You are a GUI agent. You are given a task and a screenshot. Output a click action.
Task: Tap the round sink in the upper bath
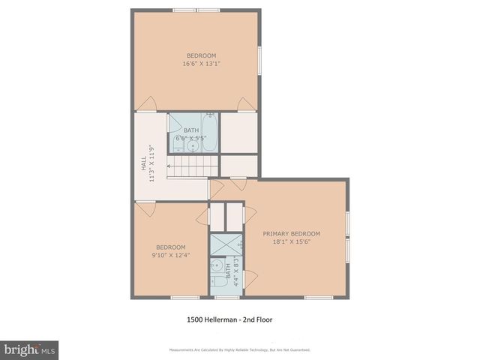tap(193, 145)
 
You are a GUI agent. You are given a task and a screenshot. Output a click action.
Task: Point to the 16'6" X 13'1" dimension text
tap(201, 64)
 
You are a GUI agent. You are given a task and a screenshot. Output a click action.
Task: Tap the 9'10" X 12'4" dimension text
tap(170, 256)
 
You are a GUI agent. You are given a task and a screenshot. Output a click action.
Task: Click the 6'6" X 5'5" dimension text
tap(191, 138)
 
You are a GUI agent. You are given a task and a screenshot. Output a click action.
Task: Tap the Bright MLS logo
tap(29, 349)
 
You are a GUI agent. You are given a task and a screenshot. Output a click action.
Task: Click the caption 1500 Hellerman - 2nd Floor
tap(229, 319)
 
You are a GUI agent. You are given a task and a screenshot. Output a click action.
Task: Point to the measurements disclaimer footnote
tap(240, 349)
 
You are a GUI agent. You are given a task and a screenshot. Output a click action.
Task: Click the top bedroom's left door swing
tap(150, 104)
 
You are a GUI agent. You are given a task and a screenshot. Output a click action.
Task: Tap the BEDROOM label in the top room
tap(201, 55)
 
